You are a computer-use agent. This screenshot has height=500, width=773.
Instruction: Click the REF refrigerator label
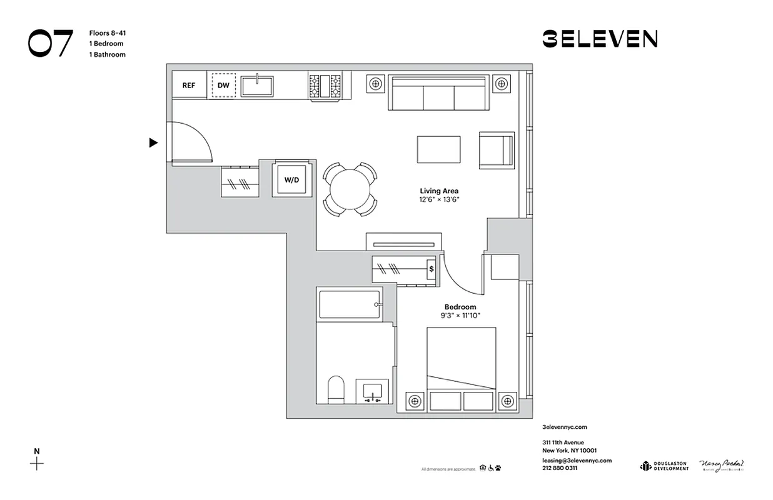188,86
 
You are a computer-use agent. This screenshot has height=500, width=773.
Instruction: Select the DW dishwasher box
223,86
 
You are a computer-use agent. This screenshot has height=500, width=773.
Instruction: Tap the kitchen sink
257,86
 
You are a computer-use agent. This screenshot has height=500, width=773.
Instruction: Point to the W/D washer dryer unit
292,180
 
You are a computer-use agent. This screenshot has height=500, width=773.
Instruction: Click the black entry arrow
153,143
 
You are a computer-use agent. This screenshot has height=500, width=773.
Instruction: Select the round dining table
350,189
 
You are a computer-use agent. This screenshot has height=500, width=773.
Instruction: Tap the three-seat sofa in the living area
438,94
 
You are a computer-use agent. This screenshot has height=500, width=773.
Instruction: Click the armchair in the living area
497,151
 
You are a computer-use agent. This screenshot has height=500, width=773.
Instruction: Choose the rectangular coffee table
438,149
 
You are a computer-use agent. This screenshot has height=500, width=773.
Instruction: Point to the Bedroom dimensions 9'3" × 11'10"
460,316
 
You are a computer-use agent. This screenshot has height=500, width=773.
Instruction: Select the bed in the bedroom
461,368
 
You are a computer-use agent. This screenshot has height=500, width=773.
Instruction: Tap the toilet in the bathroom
336,390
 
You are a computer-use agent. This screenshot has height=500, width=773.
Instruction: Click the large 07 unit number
51,43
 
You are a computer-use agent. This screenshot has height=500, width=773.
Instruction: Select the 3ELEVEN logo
599,39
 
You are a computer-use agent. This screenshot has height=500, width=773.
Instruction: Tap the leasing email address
577,461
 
